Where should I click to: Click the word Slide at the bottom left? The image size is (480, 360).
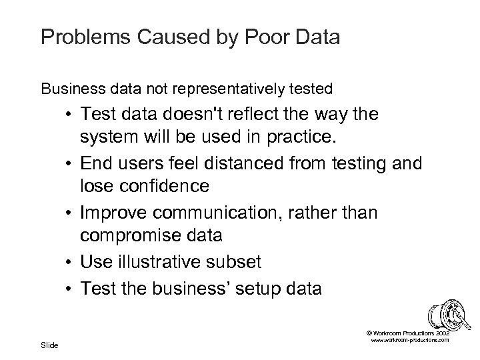coord(49,345)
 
